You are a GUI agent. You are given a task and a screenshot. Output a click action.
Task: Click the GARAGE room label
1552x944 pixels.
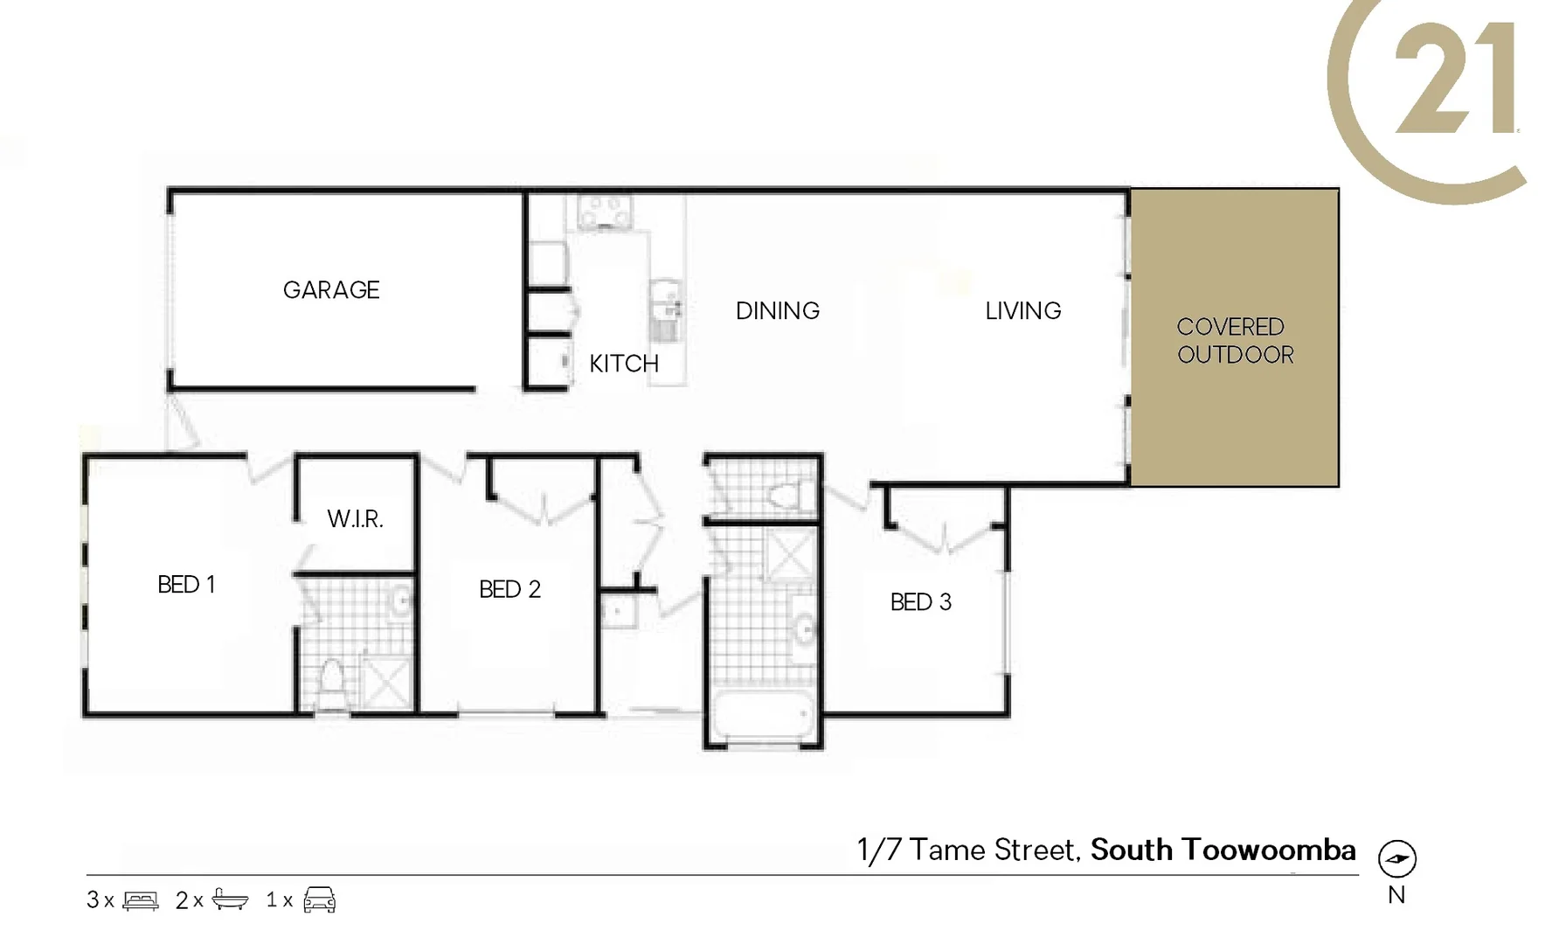[331, 290]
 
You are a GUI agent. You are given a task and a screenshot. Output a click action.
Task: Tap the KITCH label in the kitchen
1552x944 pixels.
[623, 364]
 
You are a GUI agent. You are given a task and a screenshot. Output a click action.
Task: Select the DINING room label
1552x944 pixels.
[778, 311]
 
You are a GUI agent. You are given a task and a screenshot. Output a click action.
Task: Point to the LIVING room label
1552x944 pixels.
[1022, 311]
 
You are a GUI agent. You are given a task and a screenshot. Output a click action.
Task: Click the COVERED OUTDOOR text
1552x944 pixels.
[1234, 340]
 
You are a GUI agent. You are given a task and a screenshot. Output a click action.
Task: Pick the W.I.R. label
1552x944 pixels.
[355, 519]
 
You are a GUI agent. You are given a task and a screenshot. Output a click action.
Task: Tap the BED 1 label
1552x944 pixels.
[186, 585]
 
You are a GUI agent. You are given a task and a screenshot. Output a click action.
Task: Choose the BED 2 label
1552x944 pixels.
[509, 590]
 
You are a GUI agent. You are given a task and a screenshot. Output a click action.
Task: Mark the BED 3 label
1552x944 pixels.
[920, 602]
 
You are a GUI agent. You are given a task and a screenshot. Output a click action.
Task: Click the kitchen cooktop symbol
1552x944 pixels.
[605, 211]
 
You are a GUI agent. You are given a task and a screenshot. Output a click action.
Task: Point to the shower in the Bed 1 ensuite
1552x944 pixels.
[386, 682]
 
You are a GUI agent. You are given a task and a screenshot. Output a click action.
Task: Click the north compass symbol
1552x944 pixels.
[1396, 858]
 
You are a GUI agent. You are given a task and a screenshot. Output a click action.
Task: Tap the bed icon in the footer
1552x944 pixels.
[141, 900]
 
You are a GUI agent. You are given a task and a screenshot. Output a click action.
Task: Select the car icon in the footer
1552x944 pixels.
[320, 900]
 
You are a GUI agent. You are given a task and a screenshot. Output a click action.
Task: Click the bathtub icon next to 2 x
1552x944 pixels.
[230, 900]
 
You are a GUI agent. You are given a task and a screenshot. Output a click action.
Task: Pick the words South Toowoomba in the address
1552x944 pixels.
[1223, 850]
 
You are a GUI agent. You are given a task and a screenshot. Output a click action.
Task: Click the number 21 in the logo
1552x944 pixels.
[1454, 80]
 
